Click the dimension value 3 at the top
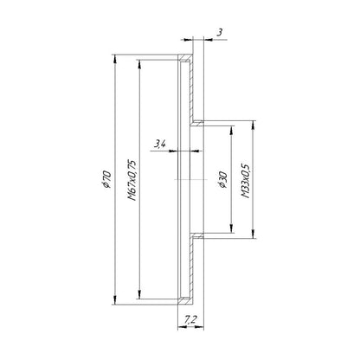point(220,32)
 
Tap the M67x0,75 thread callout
point(132,180)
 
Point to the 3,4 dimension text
point(159,144)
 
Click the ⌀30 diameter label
point(223,179)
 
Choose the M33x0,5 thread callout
point(246,180)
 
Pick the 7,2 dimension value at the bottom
point(190,319)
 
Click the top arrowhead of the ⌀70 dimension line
point(115,59)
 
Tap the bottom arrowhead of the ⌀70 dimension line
point(115,300)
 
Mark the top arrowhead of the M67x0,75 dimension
point(139,64)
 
